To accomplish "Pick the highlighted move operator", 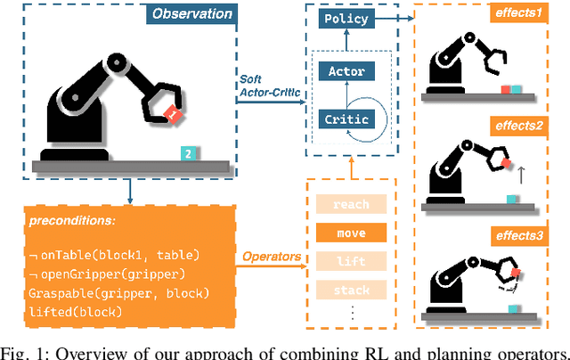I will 351,234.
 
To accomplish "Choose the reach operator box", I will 351,204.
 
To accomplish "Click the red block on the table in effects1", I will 504,90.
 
